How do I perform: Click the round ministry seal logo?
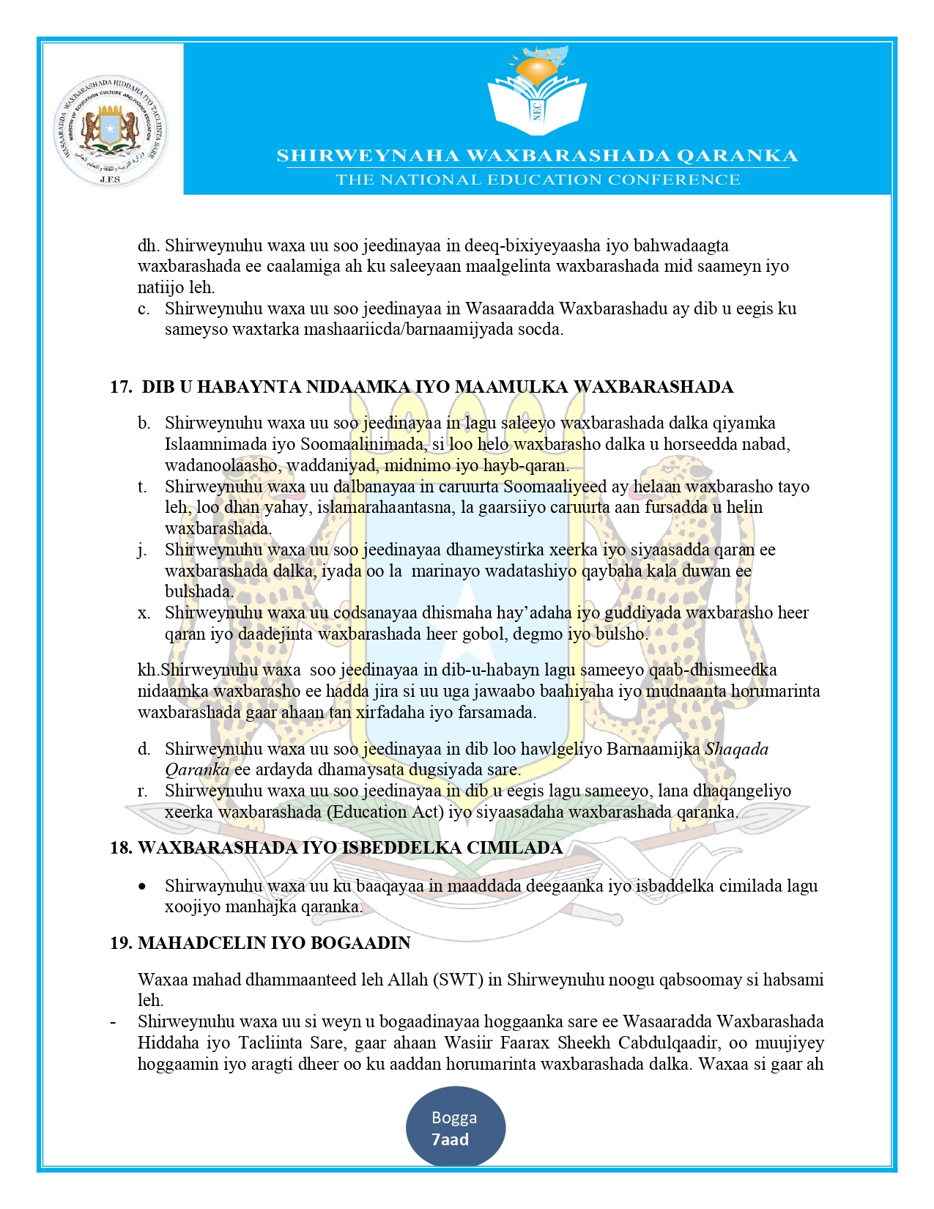click(110, 130)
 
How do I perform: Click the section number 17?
click(120, 387)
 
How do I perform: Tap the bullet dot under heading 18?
click(142, 887)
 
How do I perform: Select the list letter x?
click(144, 613)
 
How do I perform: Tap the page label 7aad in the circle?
click(450, 1139)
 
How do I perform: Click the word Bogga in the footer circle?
click(454, 1117)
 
